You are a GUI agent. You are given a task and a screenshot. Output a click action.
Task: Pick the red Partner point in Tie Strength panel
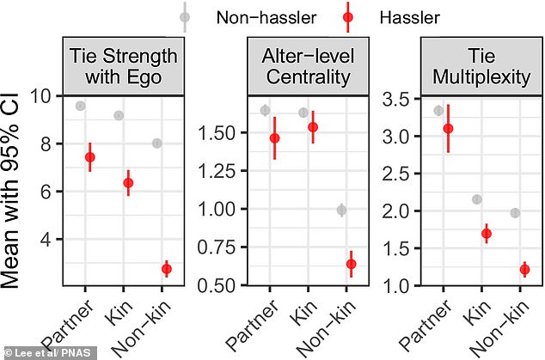(x=90, y=157)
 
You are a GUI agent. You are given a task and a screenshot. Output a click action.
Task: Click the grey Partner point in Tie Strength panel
(x=80, y=106)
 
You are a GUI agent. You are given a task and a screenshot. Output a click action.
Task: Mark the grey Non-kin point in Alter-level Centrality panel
(x=341, y=210)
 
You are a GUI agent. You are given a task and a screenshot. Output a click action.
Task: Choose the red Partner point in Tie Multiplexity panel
(x=448, y=128)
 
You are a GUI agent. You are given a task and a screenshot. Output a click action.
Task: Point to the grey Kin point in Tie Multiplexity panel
(x=477, y=199)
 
